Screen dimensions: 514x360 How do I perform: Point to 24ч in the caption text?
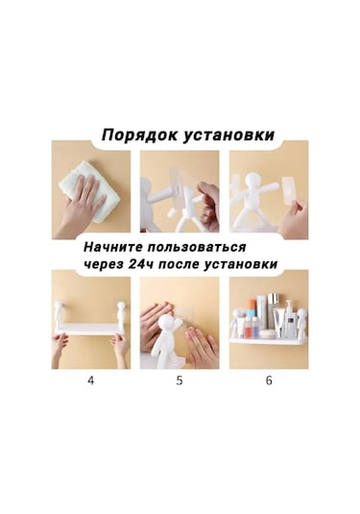click(156, 263)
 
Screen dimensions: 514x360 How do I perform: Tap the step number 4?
click(91, 379)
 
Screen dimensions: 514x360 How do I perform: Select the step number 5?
click(179, 379)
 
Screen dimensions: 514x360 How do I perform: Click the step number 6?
click(269, 379)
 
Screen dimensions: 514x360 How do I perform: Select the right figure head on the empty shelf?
click(122, 309)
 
